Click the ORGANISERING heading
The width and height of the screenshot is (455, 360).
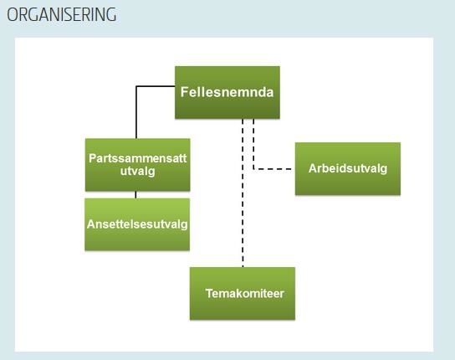click(61, 15)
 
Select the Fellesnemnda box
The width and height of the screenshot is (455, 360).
click(227, 90)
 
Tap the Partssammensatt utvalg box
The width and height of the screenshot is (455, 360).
click(137, 164)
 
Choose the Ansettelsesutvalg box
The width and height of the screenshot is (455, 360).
click(137, 224)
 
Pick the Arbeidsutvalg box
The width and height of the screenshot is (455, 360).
click(347, 168)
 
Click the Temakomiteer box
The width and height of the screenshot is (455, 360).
click(243, 294)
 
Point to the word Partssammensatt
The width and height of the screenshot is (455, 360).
click(137, 157)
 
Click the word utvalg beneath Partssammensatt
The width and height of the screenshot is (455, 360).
click(137, 171)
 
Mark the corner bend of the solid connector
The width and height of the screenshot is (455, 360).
click(136, 85)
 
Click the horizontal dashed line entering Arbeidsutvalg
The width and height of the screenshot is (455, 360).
click(274, 169)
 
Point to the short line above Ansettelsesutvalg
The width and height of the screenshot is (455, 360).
click(136, 195)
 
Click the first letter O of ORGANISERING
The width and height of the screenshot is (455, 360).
click(13, 15)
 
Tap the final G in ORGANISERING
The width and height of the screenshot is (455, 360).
click(110, 15)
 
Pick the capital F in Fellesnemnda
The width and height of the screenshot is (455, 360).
click(185, 90)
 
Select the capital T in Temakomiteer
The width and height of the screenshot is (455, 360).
click(209, 294)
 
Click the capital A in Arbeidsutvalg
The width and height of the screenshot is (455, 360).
click(312, 168)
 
